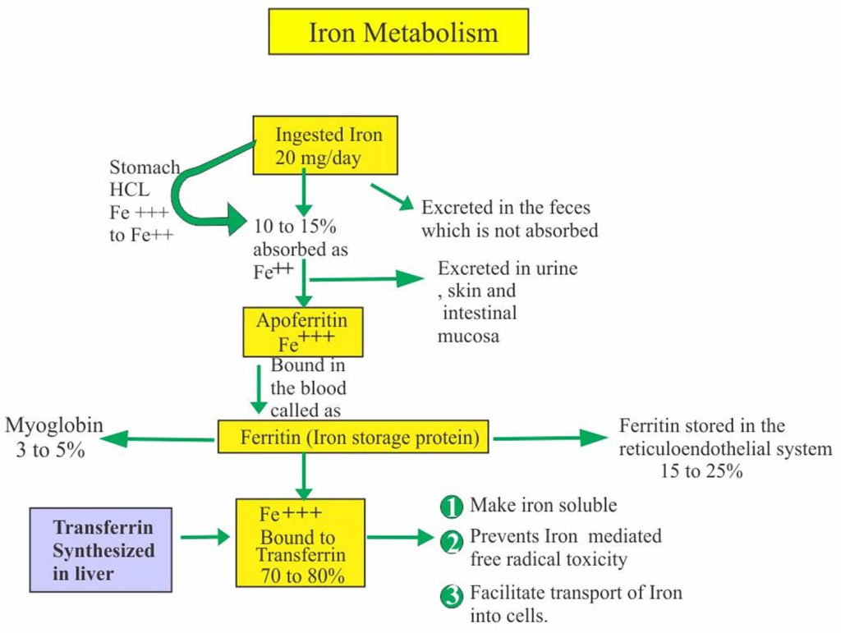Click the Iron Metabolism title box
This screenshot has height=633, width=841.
[x=398, y=33]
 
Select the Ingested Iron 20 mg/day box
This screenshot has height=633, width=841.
[x=326, y=145]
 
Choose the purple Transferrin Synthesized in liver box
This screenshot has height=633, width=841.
[x=101, y=549]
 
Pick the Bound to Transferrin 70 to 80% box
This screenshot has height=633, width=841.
[x=300, y=542]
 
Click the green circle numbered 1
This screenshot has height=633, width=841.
[x=452, y=506]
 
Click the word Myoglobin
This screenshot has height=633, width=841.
[x=54, y=425]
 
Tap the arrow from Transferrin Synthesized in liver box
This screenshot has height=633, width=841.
[x=204, y=538]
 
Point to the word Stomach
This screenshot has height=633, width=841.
[x=145, y=167]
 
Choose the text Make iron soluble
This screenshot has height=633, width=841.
[x=542, y=505]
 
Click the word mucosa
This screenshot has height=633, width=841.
[x=469, y=336]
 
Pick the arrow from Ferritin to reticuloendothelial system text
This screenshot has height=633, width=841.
[x=549, y=438]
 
